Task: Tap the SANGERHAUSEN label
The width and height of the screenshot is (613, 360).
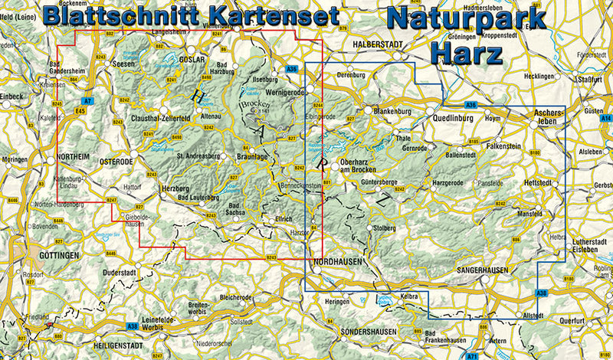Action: click(x=484, y=270)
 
